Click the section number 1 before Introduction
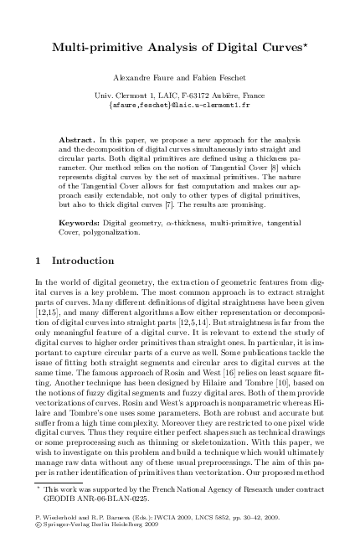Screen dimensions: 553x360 coord(42,261)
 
